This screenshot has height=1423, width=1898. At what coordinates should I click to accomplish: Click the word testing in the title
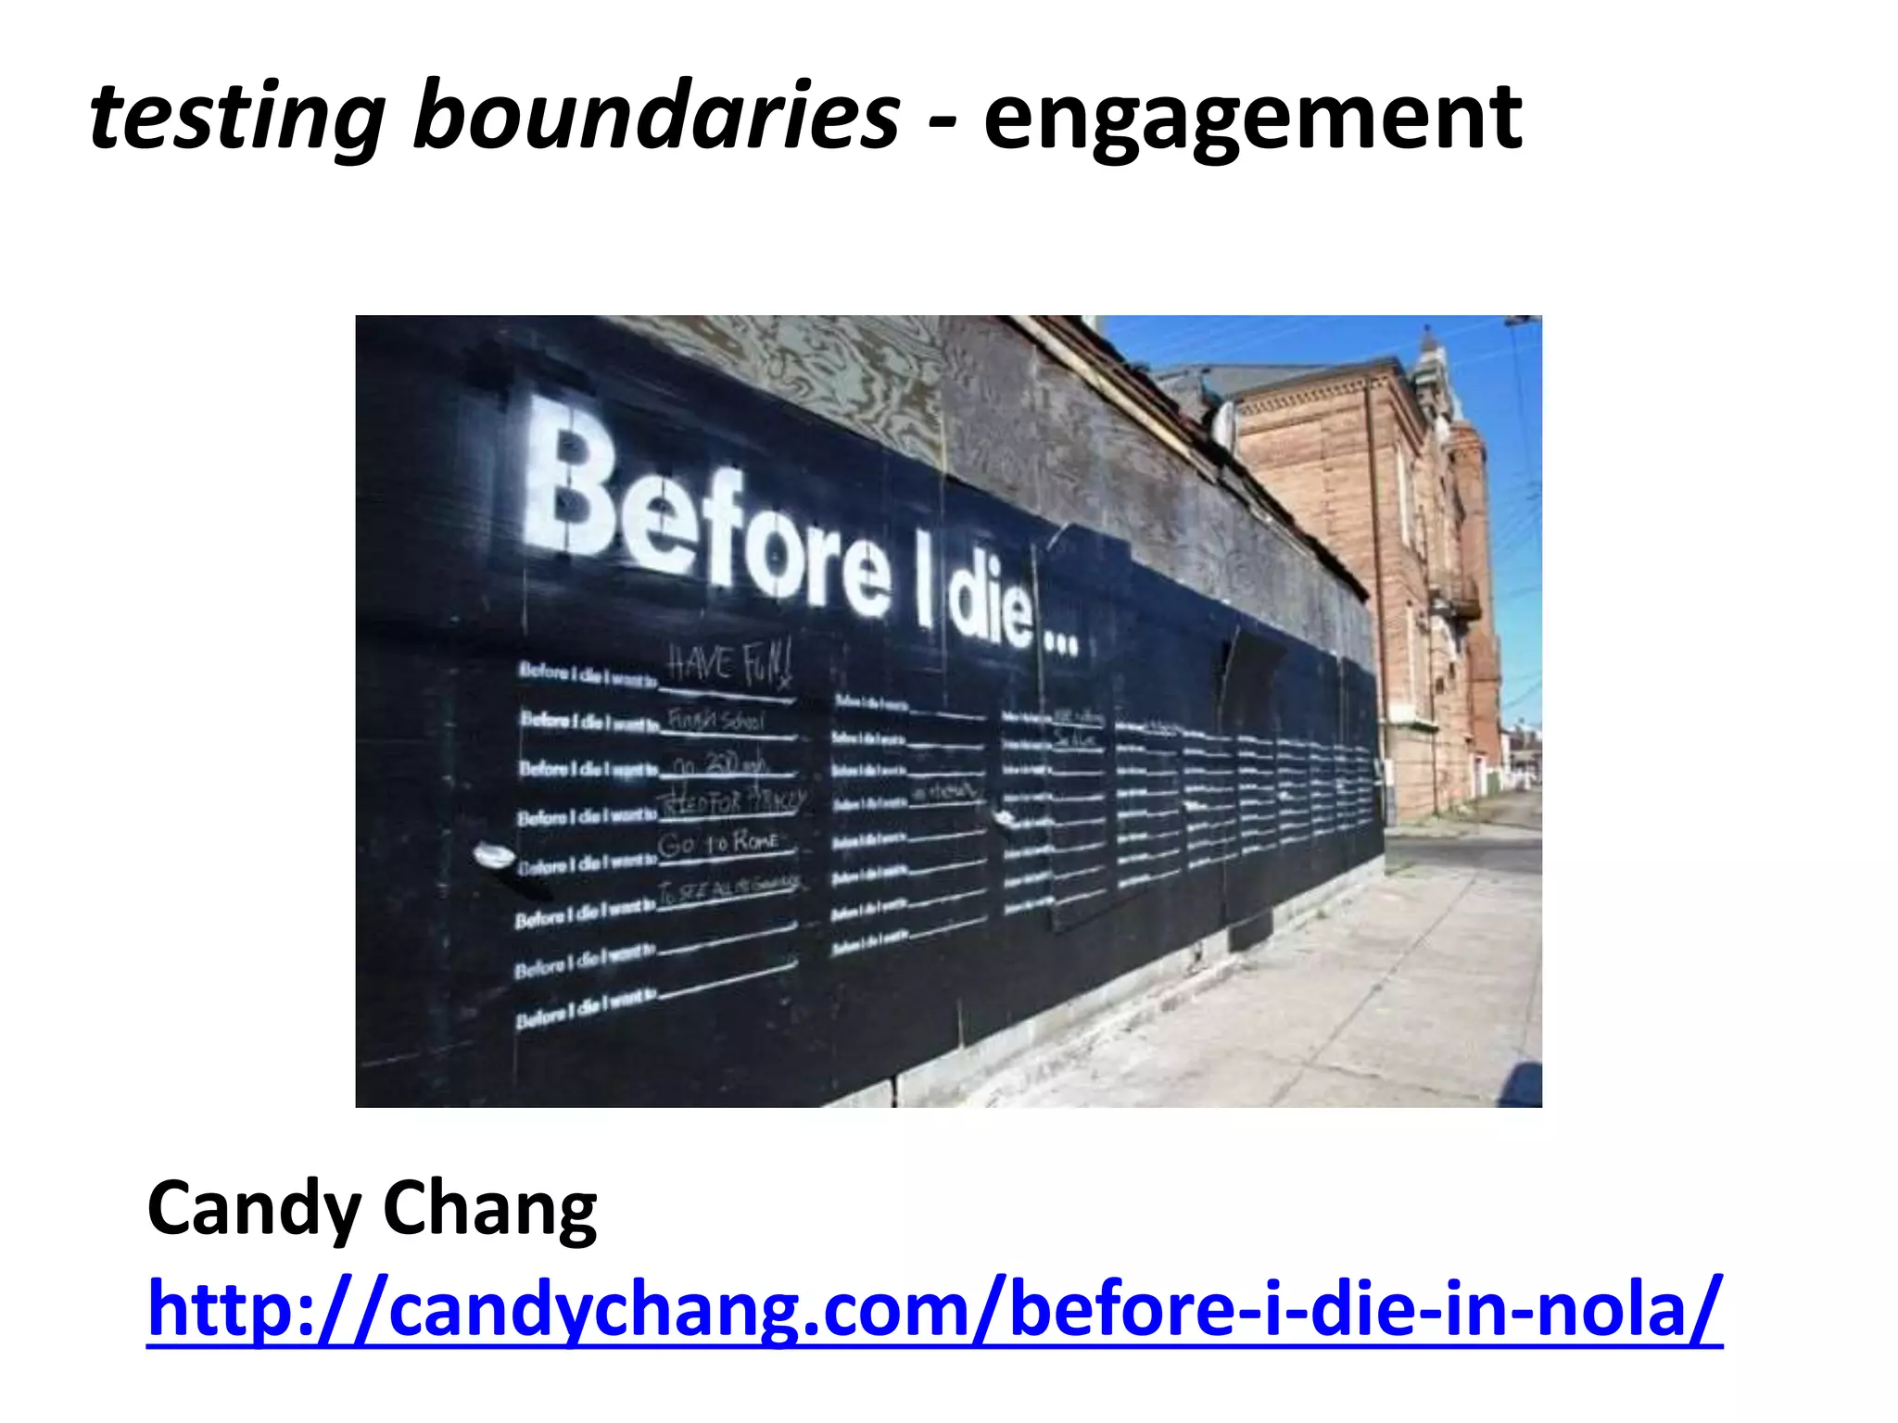click(237, 119)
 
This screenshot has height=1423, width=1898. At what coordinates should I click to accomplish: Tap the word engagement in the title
click(1252, 119)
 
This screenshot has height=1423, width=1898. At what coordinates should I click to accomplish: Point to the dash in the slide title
click(942, 120)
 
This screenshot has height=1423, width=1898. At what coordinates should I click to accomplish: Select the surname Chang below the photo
click(489, 1209)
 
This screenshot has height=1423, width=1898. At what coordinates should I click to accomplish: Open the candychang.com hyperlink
click(934, 1309)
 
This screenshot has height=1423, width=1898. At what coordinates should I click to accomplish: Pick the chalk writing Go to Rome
click(718, 844)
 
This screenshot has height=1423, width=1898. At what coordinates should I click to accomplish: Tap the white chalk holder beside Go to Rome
click(494, 856)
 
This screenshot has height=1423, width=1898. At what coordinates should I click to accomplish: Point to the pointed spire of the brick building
click(1429, 347)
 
